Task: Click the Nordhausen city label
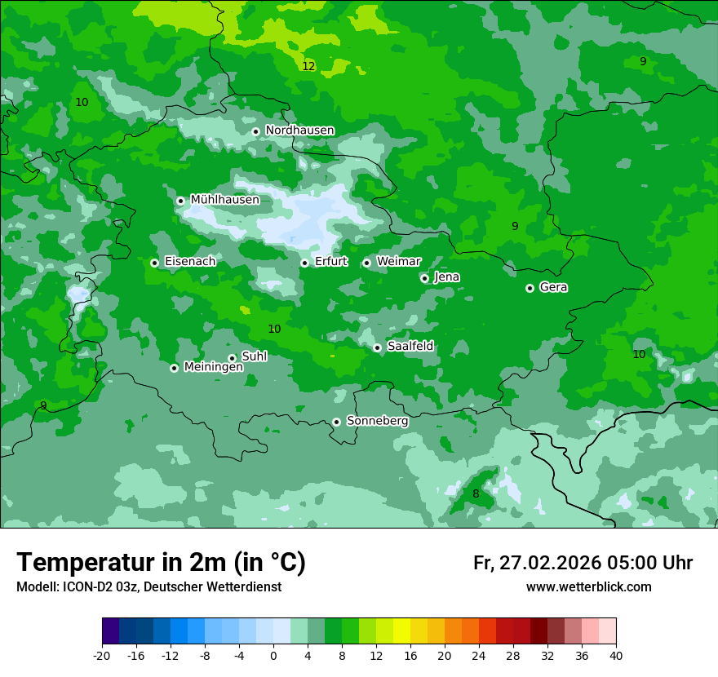point(299,131)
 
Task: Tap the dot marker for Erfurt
point(304,263)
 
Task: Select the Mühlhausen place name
point(224,200)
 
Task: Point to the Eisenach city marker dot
point(154,263)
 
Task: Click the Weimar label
point(398,262)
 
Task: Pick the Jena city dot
point(424,278)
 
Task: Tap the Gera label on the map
point(553,287)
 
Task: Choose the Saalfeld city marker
point(377,347)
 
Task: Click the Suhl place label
point(254,356)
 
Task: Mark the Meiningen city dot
point(174,368)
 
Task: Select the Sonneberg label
point(377,421)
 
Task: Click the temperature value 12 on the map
point(308,66)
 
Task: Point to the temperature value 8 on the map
point(476,493)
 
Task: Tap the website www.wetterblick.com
point(588,587)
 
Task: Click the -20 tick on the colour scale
point(102,655)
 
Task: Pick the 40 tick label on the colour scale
point(616,655)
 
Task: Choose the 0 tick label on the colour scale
point(273,655)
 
